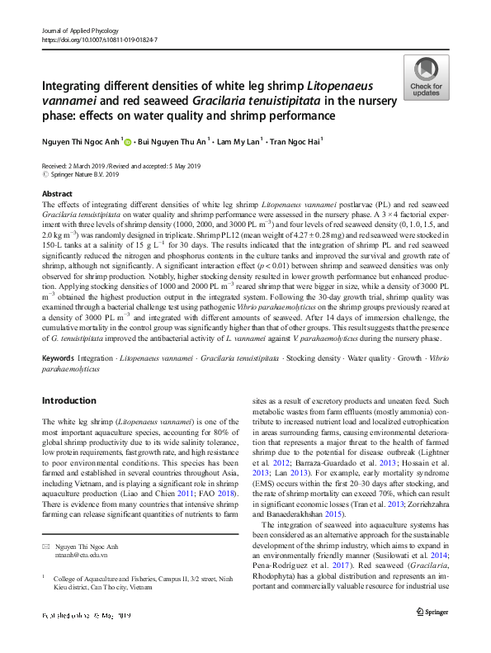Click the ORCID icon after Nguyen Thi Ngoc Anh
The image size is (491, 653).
(x=129, y=142)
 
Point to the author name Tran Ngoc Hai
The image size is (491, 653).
(x=271, y=142)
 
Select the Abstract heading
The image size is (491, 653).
(x=57, y=193)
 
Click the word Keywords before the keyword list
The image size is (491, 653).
(x=58, y=359)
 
